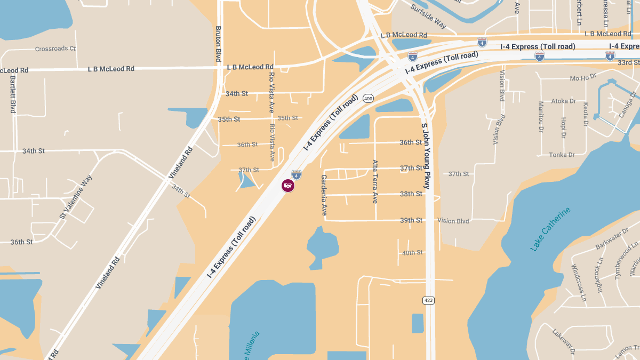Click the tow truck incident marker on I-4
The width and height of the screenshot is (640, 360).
click(288, 186)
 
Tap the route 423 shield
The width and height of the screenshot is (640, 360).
click(428, 300)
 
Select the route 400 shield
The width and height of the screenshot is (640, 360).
click(368, 98)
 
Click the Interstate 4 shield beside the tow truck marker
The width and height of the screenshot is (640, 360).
click(297, 174)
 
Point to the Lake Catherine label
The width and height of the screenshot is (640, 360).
click(550, 229)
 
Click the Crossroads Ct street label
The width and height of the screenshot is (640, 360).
click(55, 49)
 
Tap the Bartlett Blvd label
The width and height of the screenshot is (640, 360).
click(13, 94)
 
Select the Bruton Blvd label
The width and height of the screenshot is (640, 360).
click(218, 44)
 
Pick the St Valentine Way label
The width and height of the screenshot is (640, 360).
click(76, 197)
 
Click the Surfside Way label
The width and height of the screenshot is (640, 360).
click(429, 16)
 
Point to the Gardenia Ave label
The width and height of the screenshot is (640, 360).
click(324, 195)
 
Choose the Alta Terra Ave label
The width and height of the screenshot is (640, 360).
click(375, 181)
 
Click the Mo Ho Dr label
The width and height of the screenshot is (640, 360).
click(583, 78)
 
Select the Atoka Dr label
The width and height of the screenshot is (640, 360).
click(564, 101)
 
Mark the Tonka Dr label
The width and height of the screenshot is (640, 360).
click(562, 155)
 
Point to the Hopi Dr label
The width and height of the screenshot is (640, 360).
click(563, 129)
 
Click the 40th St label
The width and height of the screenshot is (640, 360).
click(412, 252)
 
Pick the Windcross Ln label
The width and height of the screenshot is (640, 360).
click(579, 282)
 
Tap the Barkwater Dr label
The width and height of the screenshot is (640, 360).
click(611, 239)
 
